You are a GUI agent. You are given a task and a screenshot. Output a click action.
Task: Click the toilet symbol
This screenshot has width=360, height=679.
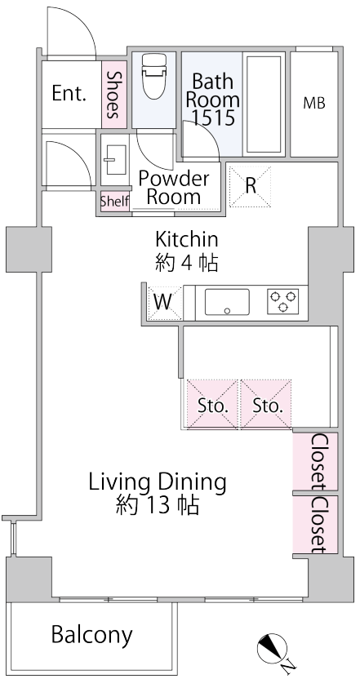tap(153, 77)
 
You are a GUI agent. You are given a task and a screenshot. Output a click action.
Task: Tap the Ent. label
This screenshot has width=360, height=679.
tap(69, 93)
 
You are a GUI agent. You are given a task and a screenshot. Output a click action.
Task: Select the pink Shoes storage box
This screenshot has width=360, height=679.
tap(114, 95)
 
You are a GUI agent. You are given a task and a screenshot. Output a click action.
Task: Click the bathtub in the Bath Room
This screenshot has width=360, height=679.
tap(264, 104)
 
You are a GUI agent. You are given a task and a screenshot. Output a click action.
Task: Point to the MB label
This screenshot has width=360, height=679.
tap(314, 103)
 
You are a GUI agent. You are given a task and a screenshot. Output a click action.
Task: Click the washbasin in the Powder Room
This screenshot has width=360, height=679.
tap(115, 160)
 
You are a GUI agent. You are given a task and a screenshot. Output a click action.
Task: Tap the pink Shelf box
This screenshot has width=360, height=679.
tap(115, 202)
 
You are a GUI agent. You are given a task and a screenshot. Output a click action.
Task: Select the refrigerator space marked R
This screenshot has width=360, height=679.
tap(250, 186)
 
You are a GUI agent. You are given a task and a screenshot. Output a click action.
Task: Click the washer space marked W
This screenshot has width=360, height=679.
tap(164, 302)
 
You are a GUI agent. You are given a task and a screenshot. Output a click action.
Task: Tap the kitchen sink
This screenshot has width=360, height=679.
tap(227, 302)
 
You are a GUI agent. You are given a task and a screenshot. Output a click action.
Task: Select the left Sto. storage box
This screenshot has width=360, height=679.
tap(212, 405)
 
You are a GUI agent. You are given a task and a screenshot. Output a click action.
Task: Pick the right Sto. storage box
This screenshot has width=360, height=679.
tap(266, 405)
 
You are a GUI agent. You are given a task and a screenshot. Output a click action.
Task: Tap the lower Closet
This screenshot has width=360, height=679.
tap(315, 525)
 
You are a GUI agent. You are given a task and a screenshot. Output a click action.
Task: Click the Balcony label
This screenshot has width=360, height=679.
tap(92, 635)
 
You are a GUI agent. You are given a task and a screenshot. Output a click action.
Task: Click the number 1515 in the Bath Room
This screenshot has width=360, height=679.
tap(214, 117)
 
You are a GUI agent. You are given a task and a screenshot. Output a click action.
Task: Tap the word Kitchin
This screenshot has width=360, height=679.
tap(187, 238)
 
